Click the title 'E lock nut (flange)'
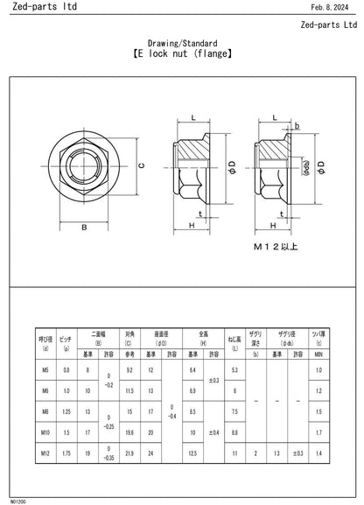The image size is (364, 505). point(182,53)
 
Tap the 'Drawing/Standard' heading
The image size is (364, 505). point(182,42)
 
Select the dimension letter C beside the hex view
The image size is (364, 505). point(140,164)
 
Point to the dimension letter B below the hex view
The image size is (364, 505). point(84,228)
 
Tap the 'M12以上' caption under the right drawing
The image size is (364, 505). point(276,247)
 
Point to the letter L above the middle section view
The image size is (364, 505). point(192,116)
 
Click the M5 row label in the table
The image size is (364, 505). point(45,371)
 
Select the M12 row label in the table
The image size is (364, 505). point(45,452)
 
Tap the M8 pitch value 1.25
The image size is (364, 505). point(66,411)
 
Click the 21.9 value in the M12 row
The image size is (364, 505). point(129,452)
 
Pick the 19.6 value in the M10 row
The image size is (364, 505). point(129,431)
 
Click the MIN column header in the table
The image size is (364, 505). point(318,354)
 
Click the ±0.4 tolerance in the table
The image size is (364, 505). point(213,431)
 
